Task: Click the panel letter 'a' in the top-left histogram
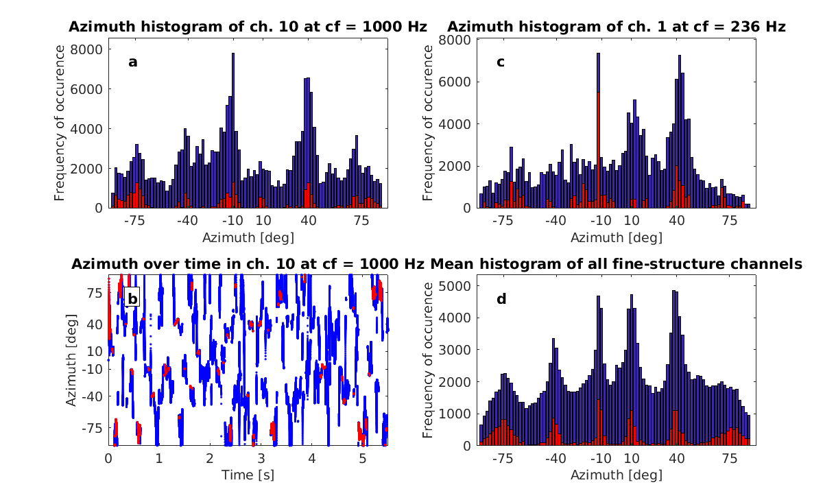point(132,62)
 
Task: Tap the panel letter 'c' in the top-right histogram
point(501,62)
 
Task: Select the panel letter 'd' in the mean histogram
point(501,299)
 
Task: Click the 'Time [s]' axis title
point(248,474)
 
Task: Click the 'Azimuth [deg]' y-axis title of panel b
point(71,361)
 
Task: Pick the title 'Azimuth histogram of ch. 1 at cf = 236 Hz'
point(617,27)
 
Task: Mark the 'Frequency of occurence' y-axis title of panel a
point(60,123)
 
